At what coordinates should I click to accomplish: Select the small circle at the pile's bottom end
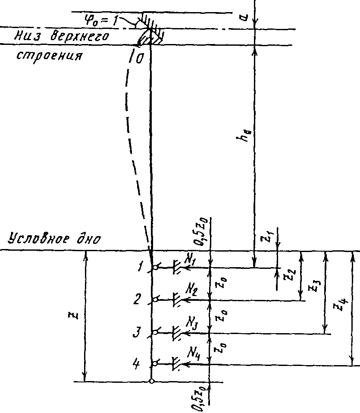pos(151,381)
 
